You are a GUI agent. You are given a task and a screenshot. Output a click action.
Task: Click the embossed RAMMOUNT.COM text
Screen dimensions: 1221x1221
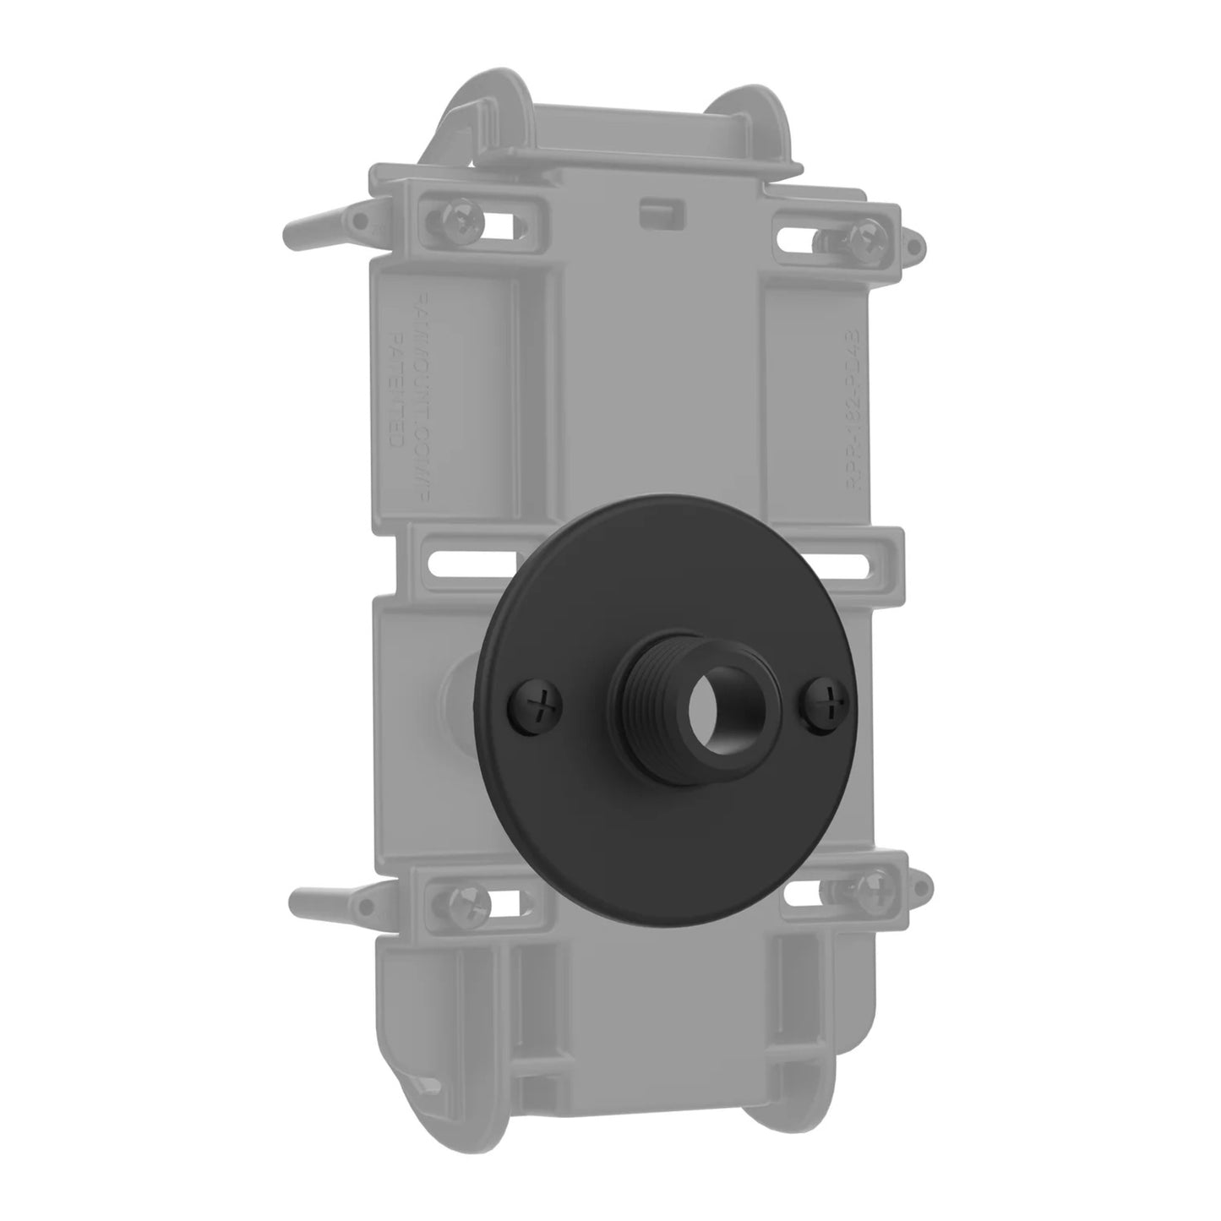(422, 363)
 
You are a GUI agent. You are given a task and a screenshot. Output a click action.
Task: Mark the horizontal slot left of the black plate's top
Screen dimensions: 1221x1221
(473, 562)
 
